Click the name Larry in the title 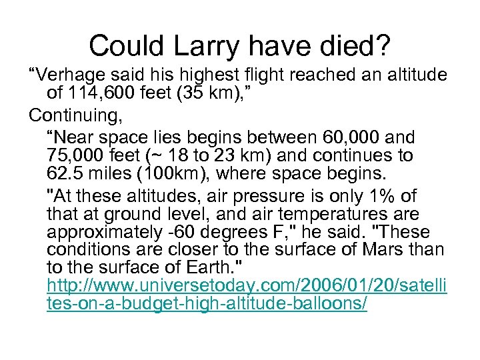(202, 46)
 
